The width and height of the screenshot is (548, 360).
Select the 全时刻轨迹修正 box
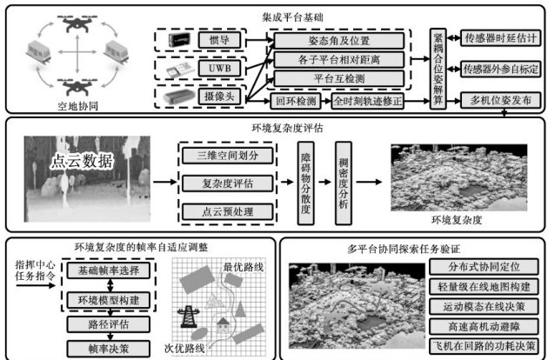point(376,102)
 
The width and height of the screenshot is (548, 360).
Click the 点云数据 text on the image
point(84,162)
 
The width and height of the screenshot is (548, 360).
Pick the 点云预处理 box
point(218,210)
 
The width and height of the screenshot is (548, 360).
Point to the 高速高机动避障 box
point(480,326)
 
